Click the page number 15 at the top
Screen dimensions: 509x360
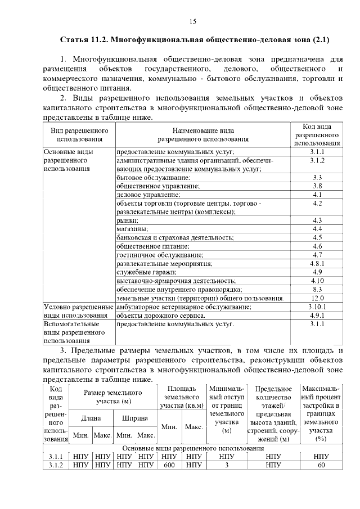pyautogui.click(x=192, y=22)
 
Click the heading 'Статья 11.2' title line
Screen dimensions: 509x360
pyautogui.click(x=194, y=40)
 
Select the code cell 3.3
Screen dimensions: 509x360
pyautogui.click(x=317, y=178)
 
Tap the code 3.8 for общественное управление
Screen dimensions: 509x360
pyautogui.click(x=317, y=186)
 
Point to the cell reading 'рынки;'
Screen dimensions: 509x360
pyautogui.click(x=125, y=220)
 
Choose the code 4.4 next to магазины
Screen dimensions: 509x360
pyautogui.click(x=317, y=229)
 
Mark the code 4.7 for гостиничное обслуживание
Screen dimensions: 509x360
pyautogui.click(x=317, y=255)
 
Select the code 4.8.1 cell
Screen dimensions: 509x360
pyautogui.click(x=317, y=263)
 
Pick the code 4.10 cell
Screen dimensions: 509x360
pyautogui.click(x=317, y=280)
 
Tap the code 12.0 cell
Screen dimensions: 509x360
pyautogui.click(x=317, y=298)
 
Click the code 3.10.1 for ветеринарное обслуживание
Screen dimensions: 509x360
pyautogui.click(x=317, y=307)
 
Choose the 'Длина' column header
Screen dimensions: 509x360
pyautogui.click(x=91, y=418)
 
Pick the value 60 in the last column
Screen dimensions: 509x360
pyautogui.click(x=321, y=465)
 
